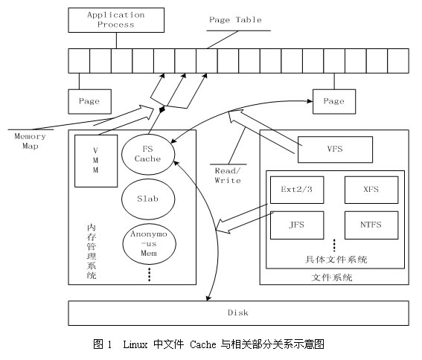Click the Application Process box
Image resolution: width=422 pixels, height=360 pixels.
tap(110, 19)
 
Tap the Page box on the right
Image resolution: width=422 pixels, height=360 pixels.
tap(333, 100)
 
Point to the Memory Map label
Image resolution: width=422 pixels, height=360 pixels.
tap(31, 141)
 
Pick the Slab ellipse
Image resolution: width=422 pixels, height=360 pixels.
tap(147, 199)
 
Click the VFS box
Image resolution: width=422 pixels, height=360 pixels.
tap(333, 148)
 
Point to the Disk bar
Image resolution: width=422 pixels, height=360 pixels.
tap(238, 312)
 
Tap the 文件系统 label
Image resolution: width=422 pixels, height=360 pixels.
tap(332, 277)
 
